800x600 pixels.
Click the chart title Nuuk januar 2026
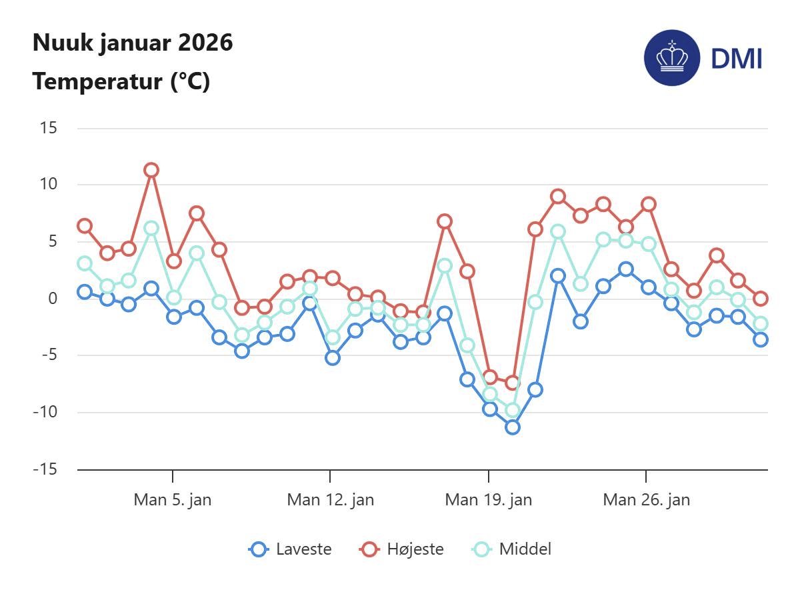point(133,43)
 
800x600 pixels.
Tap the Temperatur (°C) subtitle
point(121,82)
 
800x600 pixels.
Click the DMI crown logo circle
point(671,58)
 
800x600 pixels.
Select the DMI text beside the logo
point(736,59)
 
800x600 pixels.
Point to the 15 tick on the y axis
point(49,127)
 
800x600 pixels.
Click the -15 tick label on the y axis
point(46,469)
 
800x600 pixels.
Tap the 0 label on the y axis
point(53,298)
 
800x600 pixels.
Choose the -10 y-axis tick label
point(46,412)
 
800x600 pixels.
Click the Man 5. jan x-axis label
point(172,499)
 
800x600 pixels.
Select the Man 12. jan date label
point(330,499)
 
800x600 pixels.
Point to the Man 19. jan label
point(488,499)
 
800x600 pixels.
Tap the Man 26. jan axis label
point(646,499)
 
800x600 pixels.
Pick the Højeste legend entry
point(402,549)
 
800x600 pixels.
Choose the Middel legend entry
point(513,549)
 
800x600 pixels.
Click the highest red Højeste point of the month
point(151,170)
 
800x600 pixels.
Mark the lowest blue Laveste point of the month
point(513,427)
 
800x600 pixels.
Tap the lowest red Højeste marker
point(512,383)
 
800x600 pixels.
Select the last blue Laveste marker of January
point(761,339)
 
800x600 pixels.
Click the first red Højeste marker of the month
point(84,226)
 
